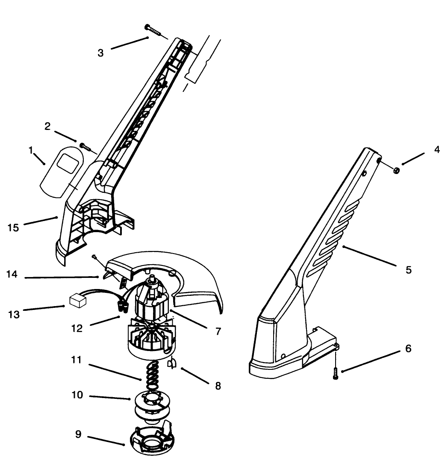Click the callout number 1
tap(31, 150)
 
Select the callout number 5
tap(409, 270)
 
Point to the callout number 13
tap(14, 314)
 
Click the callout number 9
tap(78, 434)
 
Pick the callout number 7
tap(218, 332)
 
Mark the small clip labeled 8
tap(174, 363)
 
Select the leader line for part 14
tap(64, 278)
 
